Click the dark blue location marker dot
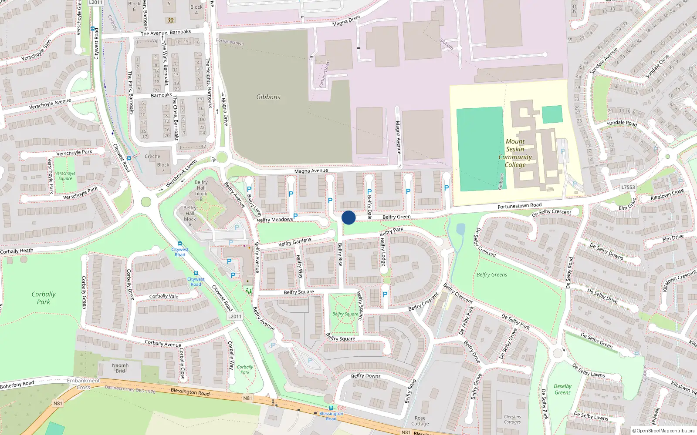pos(348,217)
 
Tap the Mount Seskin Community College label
pos(515,153)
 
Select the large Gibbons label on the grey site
pos(268,97)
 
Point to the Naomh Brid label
pos(120,368)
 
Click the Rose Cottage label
pos(420,421)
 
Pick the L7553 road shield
pos(628,187)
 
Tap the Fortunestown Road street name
pos(519,205)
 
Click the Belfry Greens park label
pos(492,274)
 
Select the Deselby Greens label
pos(562,389)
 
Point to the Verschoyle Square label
pos(65,176)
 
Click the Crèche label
pos(152,157)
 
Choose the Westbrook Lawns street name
pos(181,174)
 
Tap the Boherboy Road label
pos(17,385)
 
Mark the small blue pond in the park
pos(460,229)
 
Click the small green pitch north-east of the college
pos(552,114)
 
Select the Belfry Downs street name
pos(365,376)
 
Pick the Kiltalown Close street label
pos(667,194)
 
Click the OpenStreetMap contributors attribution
pos(663,431)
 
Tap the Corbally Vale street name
pos(164,296)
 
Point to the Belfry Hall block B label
pos(201,191)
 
